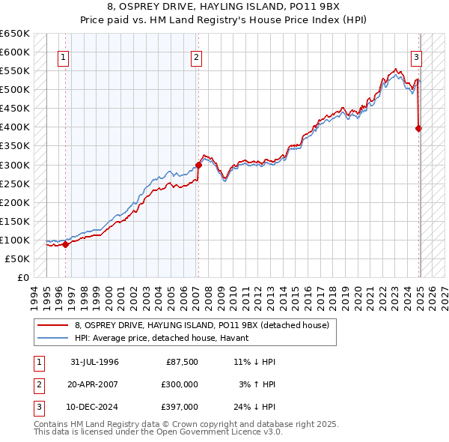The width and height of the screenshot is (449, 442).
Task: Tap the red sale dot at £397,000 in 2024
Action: pos(419,128)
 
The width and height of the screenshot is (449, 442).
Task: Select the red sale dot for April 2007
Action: pos(199,165)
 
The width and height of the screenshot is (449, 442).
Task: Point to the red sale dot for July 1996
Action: pos(66,243)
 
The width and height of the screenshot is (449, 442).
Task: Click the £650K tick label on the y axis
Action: pos(15,34)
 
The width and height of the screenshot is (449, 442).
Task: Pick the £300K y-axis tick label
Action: pos(15,165)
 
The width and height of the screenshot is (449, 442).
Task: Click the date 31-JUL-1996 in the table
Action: pos(95,363)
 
